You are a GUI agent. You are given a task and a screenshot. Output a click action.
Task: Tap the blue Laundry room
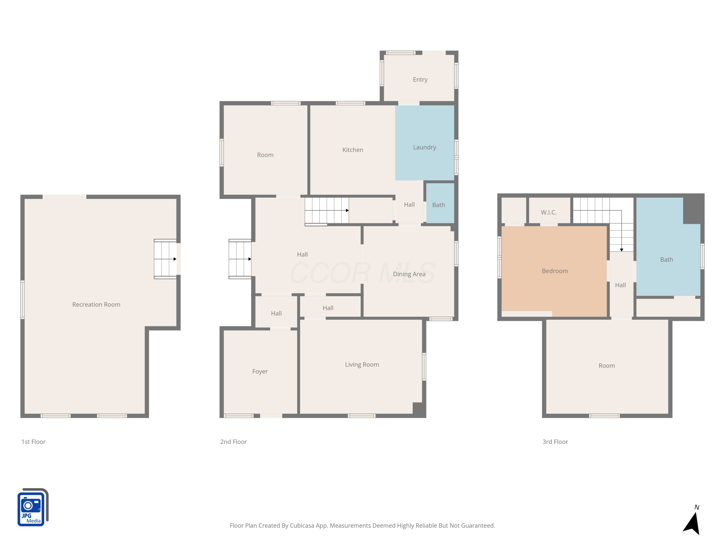coord(424,143)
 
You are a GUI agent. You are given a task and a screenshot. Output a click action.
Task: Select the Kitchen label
coord(353,150)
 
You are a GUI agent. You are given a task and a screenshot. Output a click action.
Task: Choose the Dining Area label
coord(409,274)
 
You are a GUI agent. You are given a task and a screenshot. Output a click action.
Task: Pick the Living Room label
coord(362,364)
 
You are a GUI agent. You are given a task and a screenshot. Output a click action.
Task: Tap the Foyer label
coord(260,372)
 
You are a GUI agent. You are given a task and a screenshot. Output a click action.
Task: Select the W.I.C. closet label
coord(549,213)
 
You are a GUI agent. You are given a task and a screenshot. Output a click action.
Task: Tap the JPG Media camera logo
coord(33,507)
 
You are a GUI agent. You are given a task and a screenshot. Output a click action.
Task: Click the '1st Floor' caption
coord(33,442)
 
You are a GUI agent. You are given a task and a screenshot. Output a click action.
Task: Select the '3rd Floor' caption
coord(555,442)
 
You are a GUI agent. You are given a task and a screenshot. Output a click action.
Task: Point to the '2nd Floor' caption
coord(233,442)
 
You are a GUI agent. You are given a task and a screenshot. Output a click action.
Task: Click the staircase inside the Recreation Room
coord(165,259)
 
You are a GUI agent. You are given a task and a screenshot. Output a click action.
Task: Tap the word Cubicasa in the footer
coord(302,526)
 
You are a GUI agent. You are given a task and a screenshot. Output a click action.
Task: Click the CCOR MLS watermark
coord(362,272)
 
